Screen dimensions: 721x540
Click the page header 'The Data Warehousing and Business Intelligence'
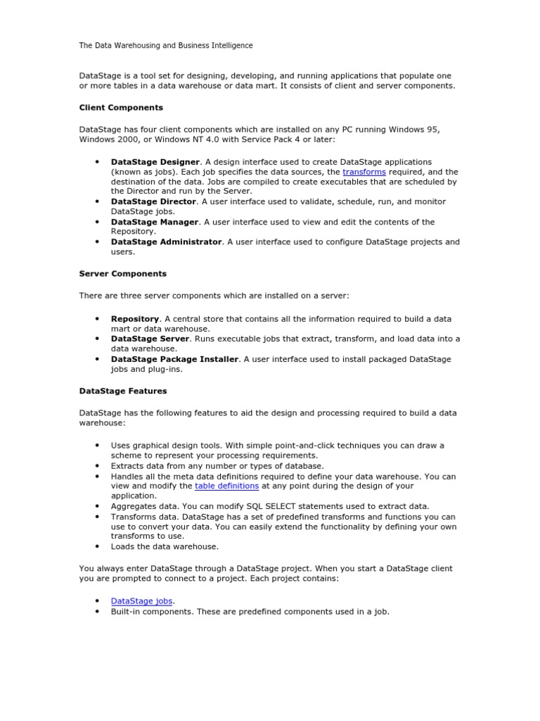[x=165, y=46]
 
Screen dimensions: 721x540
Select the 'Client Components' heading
[x=121, y=108]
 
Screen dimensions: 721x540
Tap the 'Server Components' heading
[x=123, y=273]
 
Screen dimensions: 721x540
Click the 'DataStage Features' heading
[x=123, y=390]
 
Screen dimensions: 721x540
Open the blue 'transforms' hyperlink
[x=364, y=172]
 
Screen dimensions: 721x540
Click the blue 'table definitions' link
[x=227, y=486]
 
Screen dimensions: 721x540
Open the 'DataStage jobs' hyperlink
[x=142, y=601]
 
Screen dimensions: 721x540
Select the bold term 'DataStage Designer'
[x=155, y=162]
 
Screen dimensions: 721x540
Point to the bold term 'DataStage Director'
[x=153, y=201]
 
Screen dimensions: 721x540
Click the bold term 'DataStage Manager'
[x=155, y=222]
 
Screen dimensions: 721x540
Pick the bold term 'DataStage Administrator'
[x=167, y=242]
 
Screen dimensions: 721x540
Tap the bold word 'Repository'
[x=135, y=319]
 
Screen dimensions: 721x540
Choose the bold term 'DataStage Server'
[x=150, y=339]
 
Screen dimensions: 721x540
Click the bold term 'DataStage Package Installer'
[x=174, y=359]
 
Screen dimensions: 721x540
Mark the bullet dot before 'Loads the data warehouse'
[x=96, y=546]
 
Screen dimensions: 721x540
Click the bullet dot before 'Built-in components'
[x=96, y=612]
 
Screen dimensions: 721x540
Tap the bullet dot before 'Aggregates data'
[x=96, y=506]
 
